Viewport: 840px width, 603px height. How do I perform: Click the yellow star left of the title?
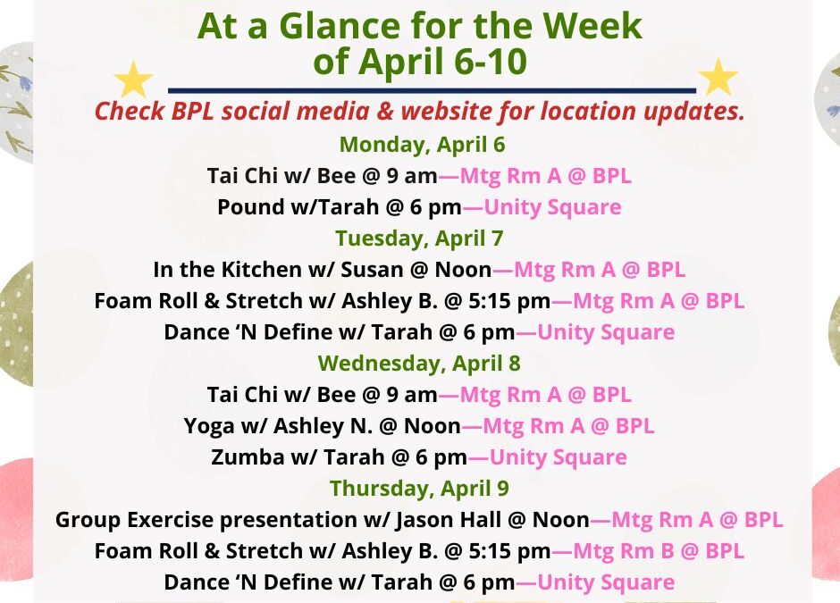pyautogui.click(x=134, y=80)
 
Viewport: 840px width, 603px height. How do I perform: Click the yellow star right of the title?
pyautogui.click(x=717, y=78)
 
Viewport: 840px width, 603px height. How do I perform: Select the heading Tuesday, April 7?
pyautogui.click(x=419, y=238)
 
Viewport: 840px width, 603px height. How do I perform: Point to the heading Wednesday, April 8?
pyautogui.click(x=419, y=363)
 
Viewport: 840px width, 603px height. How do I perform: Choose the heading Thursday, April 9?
pyautogui.click(x=419, y=488)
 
